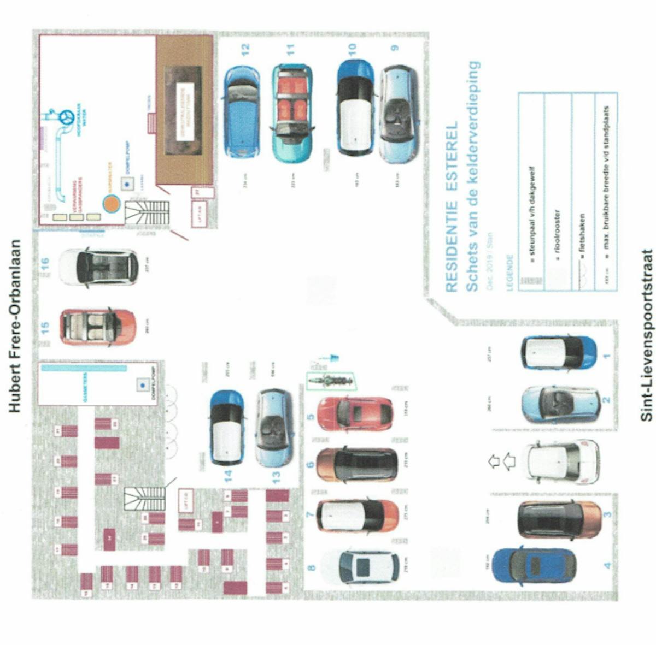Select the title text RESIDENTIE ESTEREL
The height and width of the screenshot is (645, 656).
tap(452, 207)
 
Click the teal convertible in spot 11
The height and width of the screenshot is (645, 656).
tap(292, 114)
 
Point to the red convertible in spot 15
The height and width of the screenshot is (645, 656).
tap(98, 327)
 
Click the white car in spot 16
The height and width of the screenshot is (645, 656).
tap(98, 267)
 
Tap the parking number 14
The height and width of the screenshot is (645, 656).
tap(228, 476)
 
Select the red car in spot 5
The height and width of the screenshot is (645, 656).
tap(355, 406)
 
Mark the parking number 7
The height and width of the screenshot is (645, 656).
tap(311, 514)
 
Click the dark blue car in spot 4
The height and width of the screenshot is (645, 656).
tap(534, 566)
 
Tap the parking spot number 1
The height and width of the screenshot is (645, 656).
tap(606, 356)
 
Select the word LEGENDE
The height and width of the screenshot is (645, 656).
tap(510, 273)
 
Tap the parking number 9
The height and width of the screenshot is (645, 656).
tap(395, 48)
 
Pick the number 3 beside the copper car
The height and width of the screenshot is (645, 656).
tap(607, 514)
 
